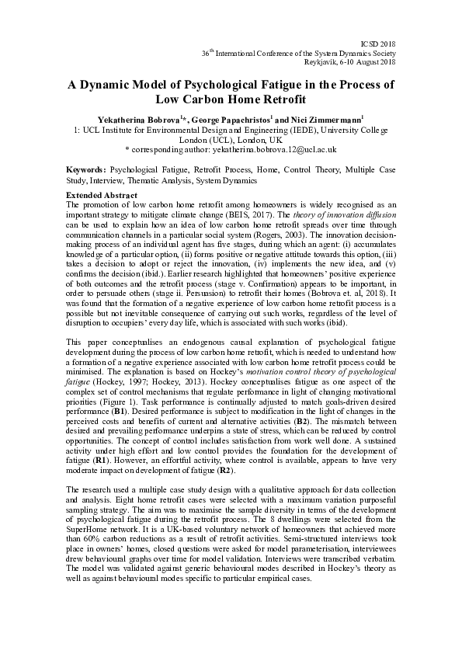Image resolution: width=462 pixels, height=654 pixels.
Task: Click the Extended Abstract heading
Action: pos(102,193)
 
